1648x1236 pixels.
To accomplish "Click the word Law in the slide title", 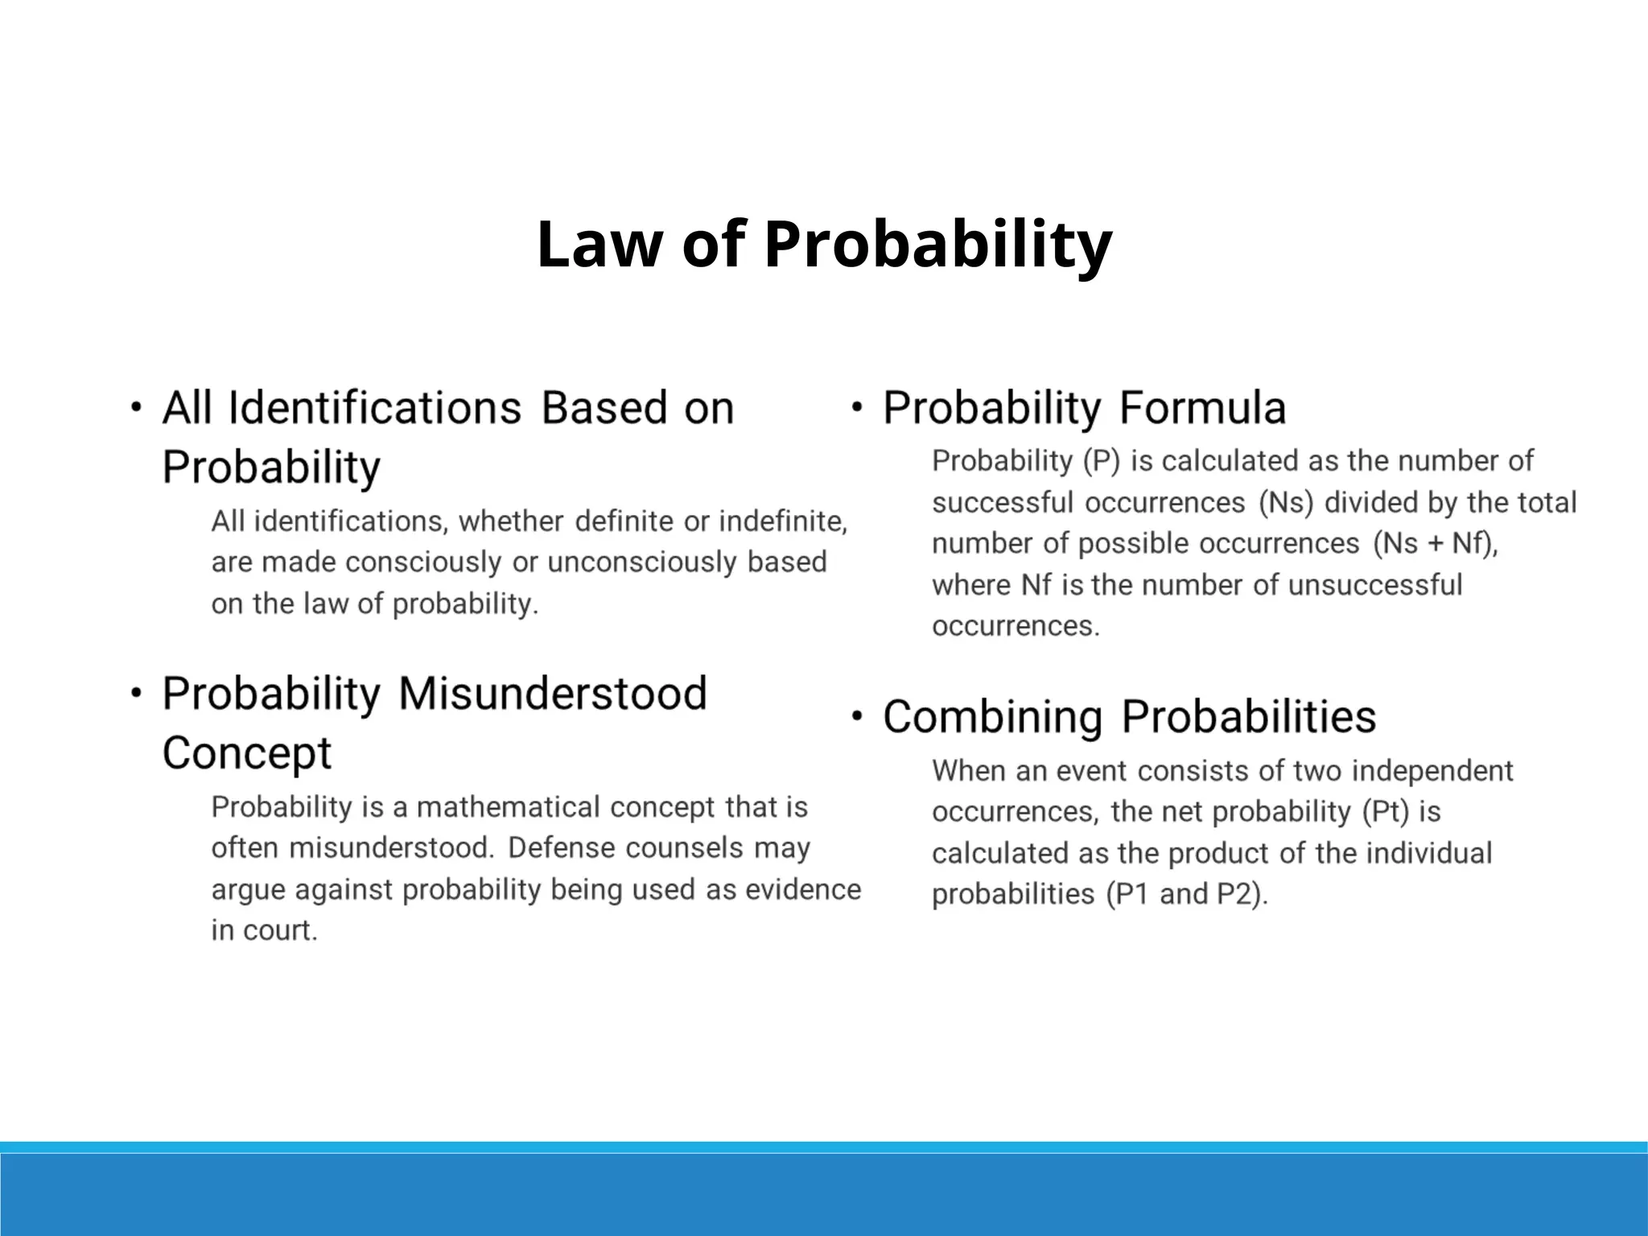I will click(x=597, y=245).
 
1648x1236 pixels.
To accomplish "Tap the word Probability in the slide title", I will click(x=937, y=245).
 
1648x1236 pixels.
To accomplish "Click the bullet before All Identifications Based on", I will click(x=137, y=406).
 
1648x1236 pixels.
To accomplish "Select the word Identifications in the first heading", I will click(x=375, y=408).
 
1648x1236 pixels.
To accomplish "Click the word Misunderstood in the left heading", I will click(x=552, y=694).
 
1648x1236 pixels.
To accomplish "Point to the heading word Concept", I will click(x=247, y=754).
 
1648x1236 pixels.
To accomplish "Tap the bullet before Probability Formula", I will click(x=857, y=406).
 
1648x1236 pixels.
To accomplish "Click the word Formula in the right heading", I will click(x=1202, y=408).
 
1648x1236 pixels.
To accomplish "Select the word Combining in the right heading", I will click(x=992, y=717).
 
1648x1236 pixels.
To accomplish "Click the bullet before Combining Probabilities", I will click(x=857, y=715).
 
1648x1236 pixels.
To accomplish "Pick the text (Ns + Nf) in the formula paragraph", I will click(x=1435, y=544).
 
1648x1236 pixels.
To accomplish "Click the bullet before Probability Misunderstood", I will click(x=137, y=692).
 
